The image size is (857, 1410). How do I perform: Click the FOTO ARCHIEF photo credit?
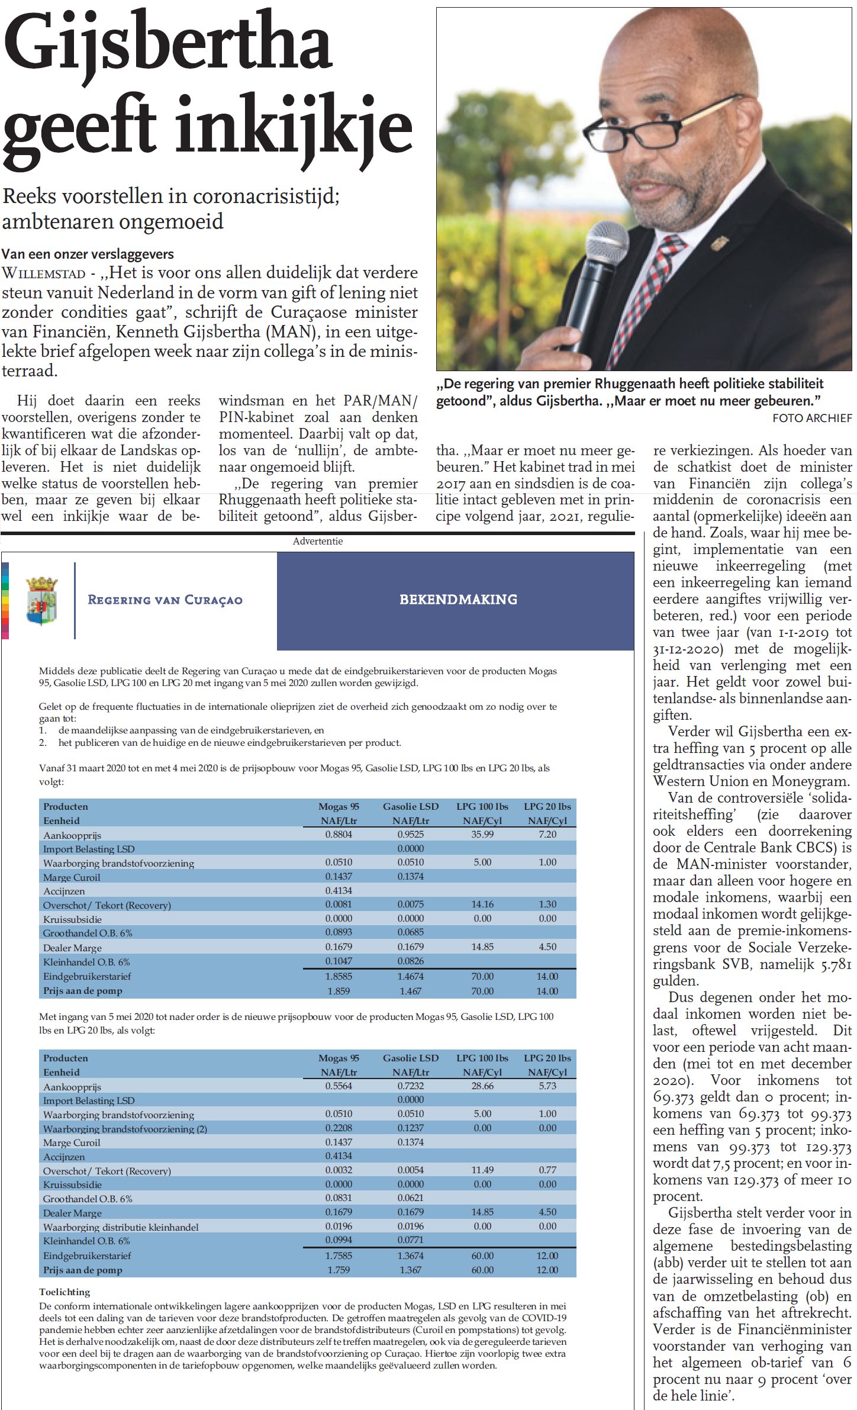point(812,418)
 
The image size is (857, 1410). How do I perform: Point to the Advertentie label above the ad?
point(318,541)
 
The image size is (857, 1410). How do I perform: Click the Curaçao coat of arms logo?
point(41,600)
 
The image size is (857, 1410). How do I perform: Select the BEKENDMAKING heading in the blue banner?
point(458,600)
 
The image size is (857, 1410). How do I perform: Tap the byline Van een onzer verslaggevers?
point(88,255)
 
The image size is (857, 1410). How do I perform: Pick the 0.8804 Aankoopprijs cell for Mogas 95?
point(339,834)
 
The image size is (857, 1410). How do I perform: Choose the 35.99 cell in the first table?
point(482,834)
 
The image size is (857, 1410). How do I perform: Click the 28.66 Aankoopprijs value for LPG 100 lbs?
point(482,1086)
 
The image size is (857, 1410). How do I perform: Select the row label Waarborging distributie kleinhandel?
point(121,1227)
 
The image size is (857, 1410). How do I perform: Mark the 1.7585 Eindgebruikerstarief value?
point(339,1256)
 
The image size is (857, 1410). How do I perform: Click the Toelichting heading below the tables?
point(65,1292)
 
